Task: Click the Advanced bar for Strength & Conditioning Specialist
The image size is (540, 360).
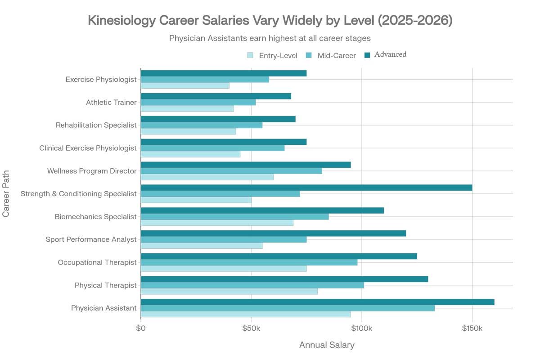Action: pos(306,188)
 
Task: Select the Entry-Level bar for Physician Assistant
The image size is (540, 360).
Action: pos(246,314)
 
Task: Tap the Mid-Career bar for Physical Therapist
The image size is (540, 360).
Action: pos(252,285)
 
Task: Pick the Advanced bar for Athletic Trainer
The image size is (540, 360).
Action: pos(216,96)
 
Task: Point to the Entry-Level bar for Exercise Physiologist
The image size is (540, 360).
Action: pos(185,85)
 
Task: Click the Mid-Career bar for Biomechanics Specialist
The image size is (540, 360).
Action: pos(234,216)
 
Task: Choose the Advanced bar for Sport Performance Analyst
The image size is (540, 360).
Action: pos(273,233)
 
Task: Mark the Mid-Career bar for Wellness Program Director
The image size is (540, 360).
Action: pos(231,171)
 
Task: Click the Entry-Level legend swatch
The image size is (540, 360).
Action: pos(250,55)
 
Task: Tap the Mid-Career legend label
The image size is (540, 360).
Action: pos(337,56)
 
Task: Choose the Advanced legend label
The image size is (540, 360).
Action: pos(390,54)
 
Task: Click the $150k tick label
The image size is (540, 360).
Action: pos(472,329)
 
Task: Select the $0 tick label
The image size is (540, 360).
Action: pos(141,329)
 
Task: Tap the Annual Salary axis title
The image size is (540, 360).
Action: pos(327,345)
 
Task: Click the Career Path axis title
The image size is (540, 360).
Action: pos(6,193)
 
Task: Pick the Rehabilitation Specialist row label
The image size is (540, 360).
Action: pos(96,125)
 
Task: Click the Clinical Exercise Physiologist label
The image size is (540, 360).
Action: pos(88,148)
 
